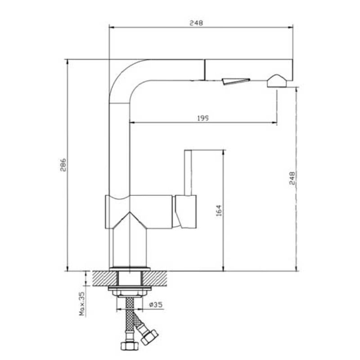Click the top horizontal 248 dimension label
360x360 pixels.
[196, 23]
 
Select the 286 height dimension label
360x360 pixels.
[63, 165]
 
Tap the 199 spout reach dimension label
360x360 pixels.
[203, 118]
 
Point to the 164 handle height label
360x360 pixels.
[219, 211]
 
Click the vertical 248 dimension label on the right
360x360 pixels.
[292, 178]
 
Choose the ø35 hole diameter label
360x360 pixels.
[156, 305]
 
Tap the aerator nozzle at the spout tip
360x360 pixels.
[277, 81]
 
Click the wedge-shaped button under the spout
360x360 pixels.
[235, 81]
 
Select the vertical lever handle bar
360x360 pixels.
[188, 173]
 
